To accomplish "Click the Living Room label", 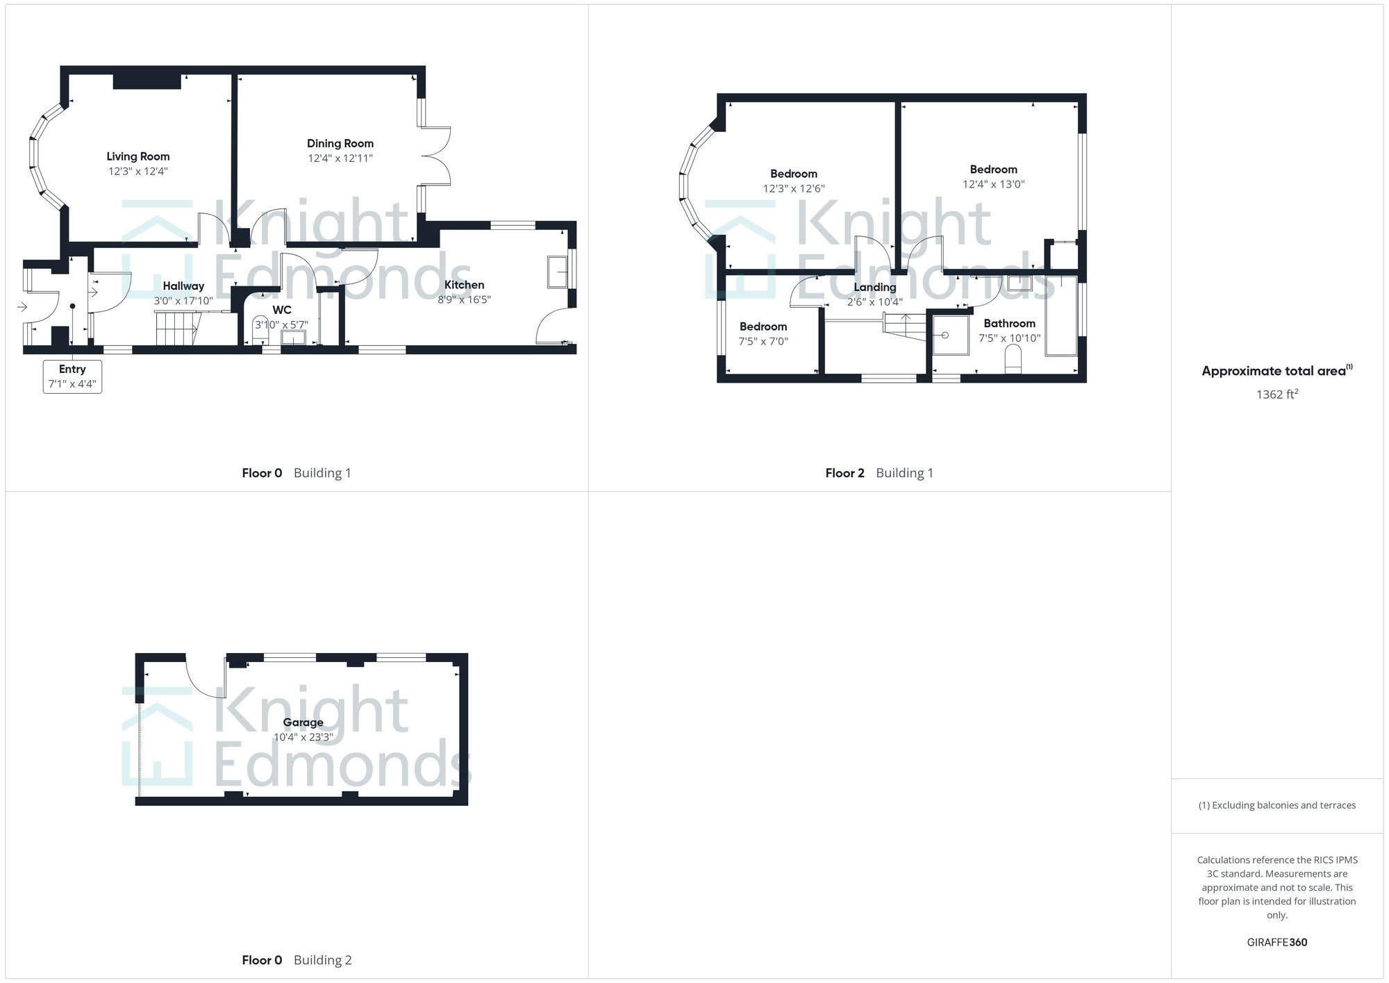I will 138,157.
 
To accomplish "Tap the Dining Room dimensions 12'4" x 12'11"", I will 340,158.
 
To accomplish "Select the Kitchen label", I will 464,285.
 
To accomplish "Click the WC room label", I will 282,310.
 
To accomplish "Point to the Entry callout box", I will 72,377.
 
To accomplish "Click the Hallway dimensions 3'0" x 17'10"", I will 183,301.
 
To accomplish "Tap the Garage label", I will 303,722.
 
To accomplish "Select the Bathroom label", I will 1009,324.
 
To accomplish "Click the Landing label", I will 874,288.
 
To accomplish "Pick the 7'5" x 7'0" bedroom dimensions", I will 763,341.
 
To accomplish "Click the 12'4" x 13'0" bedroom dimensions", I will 993,185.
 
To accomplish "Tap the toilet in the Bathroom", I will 1013,361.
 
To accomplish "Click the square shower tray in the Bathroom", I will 950,335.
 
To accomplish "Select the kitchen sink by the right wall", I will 557,272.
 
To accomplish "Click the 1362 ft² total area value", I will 1276,395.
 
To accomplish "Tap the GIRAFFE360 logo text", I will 1276,943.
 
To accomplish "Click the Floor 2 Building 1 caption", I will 879,473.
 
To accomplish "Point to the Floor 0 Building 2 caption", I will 297,960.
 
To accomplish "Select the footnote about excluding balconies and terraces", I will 1276,806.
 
